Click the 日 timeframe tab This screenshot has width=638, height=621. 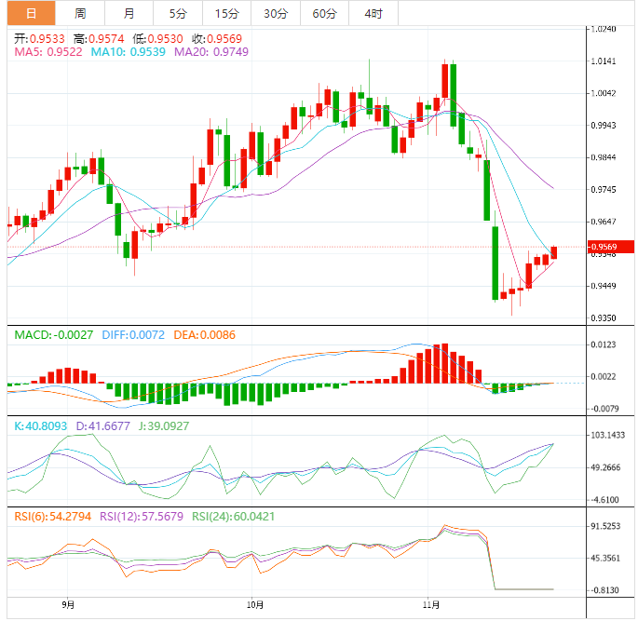[x=31, y=13]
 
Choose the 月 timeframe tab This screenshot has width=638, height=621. [x=129, y=13]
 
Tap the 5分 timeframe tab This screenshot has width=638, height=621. [x=177, y=13]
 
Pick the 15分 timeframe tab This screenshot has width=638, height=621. [x=225, y=13]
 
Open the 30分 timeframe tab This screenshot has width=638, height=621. [x=275, y=13]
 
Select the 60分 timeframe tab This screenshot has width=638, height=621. [x=324, y=13]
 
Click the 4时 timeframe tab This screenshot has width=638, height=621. [x=373, y=13]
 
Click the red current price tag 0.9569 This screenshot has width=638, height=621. [x=605, y=247]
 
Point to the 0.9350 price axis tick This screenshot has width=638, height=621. [x=605, y=317]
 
